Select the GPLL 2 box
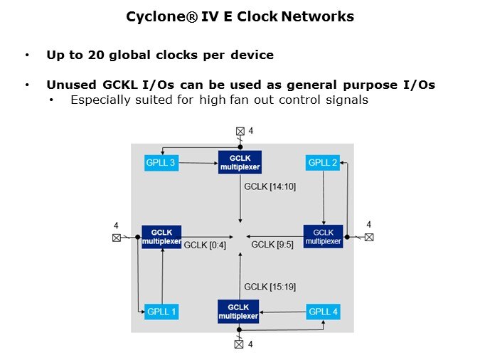pos(323,163)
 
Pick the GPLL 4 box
pos(323,311)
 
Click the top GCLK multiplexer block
pos(240,162)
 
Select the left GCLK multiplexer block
pos(161,235)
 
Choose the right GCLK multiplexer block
pos(323,236)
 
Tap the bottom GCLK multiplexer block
pos(238,310)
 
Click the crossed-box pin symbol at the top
pos(240,131)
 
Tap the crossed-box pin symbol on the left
pos(116,238)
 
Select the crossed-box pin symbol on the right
pos(368,237)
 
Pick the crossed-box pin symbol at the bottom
pos(240,345)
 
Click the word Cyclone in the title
pos(151,16)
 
